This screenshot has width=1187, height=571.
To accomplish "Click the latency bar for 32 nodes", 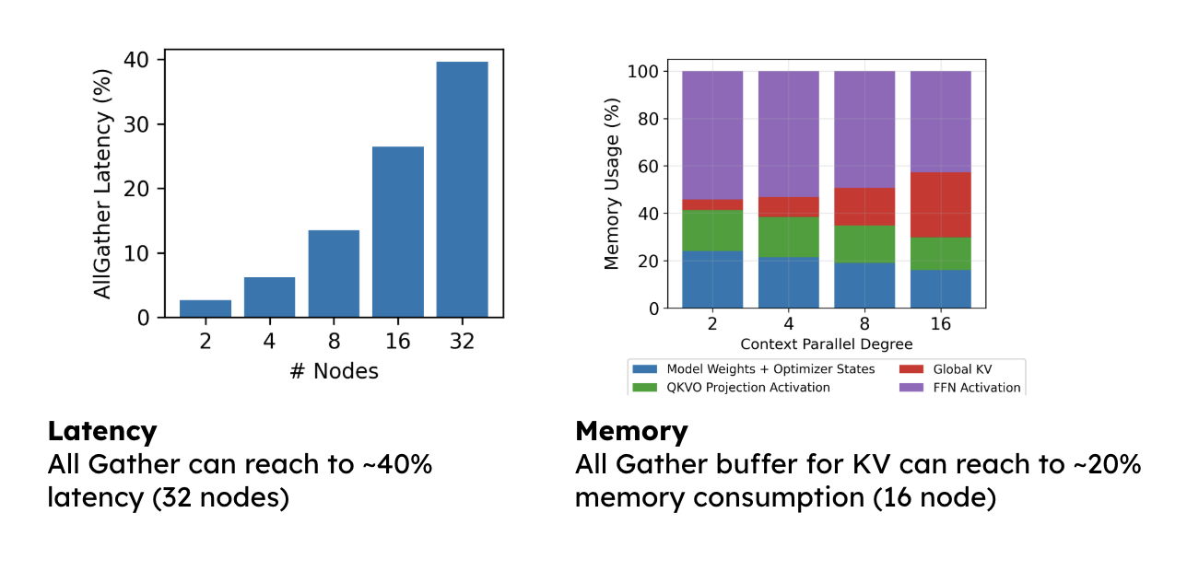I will click(462, 189).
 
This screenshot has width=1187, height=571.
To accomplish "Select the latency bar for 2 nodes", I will click(206, 309).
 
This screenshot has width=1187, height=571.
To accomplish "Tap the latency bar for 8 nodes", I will click(334, 274).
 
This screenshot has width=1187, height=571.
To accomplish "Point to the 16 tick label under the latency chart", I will click(398, 341).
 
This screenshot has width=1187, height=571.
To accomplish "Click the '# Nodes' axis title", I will click(334, 371).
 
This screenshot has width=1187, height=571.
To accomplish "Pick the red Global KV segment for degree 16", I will click(940, 204).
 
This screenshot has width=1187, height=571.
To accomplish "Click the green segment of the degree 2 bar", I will click(712, 230).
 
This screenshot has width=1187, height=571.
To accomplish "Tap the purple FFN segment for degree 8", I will click(864, 129).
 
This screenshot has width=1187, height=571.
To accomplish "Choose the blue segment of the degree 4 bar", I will click(789, 282).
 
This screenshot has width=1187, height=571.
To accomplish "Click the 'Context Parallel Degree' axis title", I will click(827, 344).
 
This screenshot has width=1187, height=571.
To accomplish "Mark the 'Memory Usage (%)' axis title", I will click(612, 190).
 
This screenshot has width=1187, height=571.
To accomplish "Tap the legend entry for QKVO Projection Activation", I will click(747, 388).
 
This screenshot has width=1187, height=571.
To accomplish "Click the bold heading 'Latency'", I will click(102, 431).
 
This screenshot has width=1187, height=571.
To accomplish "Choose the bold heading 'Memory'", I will click(631, 431).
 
